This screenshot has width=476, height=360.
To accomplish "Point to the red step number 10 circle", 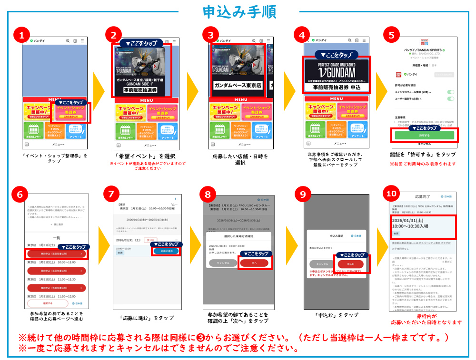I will tap(391, 194).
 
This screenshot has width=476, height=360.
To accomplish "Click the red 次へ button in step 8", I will tap(254, 263).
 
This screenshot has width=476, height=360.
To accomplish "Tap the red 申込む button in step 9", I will tap(350, 264).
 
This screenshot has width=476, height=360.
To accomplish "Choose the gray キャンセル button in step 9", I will tap(322, 264).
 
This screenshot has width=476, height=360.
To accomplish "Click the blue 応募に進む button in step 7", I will tap(166, 251).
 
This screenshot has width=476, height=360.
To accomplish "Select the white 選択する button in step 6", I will tap(48, 303).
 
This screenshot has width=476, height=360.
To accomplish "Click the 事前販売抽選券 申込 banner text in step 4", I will tap(337, 87).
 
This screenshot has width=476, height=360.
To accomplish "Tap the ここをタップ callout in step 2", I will tap(140, 43).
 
